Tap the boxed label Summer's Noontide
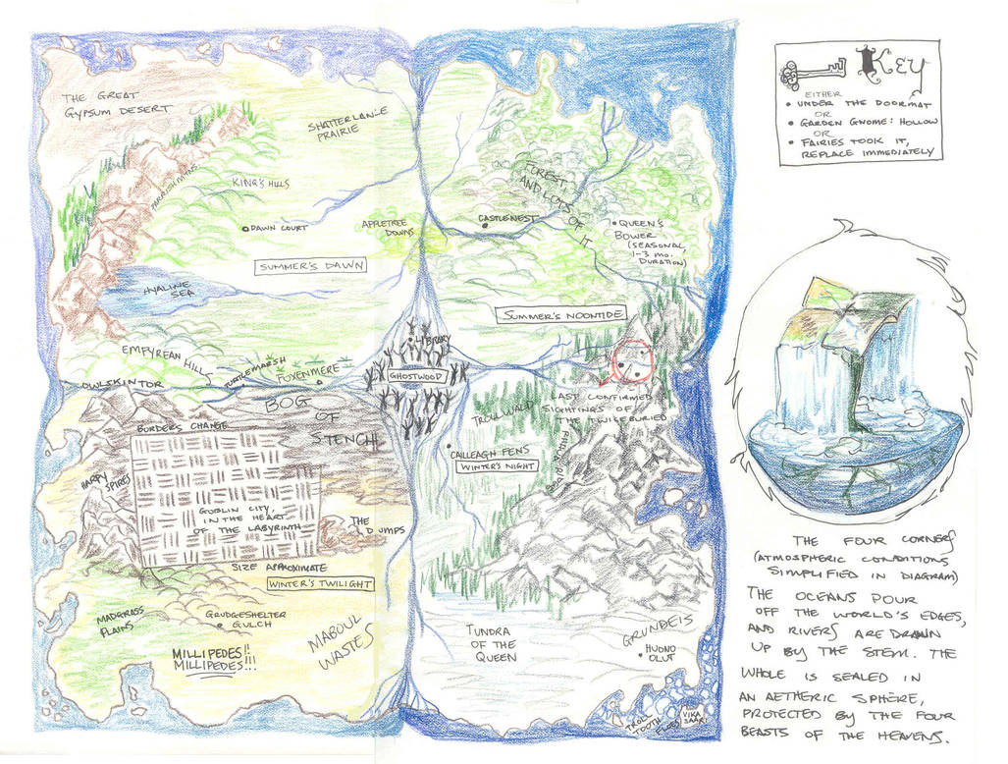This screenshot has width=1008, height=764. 560,316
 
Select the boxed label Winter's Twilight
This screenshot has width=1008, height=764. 319,584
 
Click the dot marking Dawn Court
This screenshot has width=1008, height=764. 245,228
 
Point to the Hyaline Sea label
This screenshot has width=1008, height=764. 170,288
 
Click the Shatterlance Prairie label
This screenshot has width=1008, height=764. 347,126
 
